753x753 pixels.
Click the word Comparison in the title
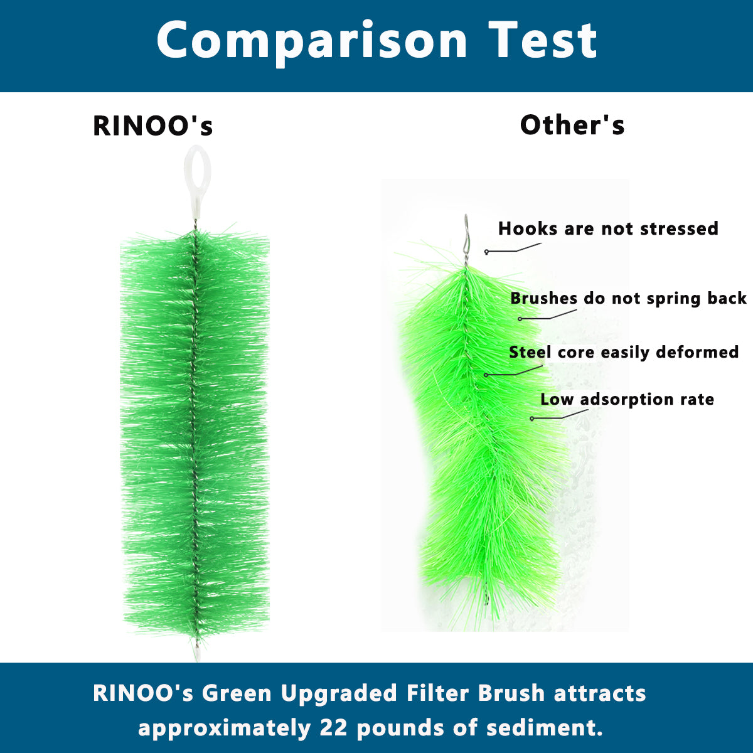click(x=312, y=42)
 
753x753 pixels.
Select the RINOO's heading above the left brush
click(x=152, y=126)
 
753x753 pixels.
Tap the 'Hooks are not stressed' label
click(x=608, y=228)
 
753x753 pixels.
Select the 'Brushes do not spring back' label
click(x=628, y=299)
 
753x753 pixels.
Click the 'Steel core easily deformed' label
click(x=624, y=353)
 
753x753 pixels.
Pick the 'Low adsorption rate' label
click(x=627, y=399)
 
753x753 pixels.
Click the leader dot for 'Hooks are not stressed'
click(x=486, y=252)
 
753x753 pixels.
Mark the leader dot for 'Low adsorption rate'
click(x=532, y=419)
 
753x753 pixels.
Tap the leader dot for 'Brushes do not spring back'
click(x=520, y=319)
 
